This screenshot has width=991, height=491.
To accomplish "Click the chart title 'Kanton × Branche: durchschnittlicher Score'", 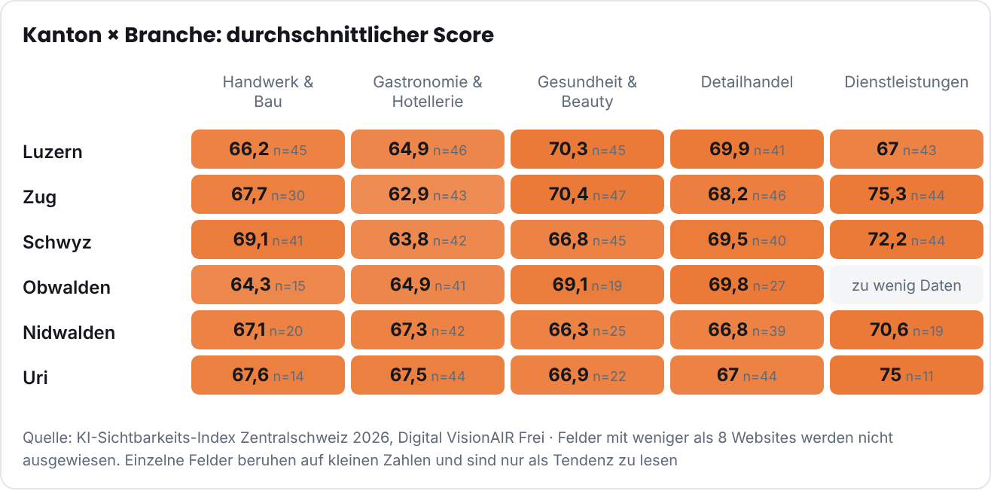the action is pos(258,35).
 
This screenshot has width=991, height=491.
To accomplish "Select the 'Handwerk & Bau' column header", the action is pos(268,92).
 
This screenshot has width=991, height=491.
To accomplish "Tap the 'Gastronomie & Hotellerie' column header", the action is pos(428,92).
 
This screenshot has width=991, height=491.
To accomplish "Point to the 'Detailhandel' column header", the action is pos(747,82).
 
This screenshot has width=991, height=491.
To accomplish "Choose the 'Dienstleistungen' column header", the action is pos(907,82).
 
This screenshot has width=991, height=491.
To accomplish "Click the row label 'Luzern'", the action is pos(53,151).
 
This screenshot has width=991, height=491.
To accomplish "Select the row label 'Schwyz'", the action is pos(57,242).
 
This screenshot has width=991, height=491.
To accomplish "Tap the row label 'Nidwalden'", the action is pos(69,332).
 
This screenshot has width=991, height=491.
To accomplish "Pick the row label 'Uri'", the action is pos(35,377).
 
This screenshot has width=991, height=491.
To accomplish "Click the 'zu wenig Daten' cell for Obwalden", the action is pos(907,285).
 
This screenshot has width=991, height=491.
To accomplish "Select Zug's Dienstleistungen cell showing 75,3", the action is pos(907,194).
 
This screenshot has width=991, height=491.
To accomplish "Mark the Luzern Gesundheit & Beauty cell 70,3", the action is pos(587,149).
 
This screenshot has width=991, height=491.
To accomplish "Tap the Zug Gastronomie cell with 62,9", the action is pos(428,194).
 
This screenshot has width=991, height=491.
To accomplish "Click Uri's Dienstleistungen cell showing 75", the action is pos(907,375).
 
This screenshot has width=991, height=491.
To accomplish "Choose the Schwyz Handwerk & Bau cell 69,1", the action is pos(267,239).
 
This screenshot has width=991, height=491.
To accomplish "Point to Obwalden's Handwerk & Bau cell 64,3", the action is pos(267,285).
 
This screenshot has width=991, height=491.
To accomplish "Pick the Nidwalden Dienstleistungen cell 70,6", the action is pos(907,330).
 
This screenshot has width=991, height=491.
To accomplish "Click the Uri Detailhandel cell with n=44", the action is pos(747,375).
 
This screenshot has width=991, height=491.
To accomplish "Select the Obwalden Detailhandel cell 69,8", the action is pos(747,285).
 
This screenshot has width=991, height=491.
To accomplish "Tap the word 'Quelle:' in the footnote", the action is pos(47,438).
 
